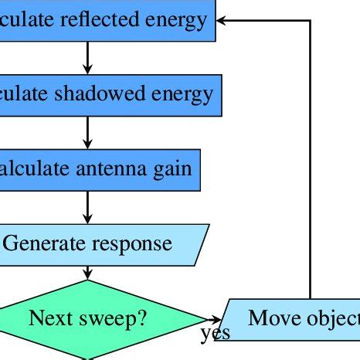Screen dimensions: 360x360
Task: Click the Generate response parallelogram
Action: [x=100, y=244]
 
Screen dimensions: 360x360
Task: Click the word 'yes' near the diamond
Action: [x=215, y=335]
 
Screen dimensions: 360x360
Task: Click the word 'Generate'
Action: [x=46, y=244]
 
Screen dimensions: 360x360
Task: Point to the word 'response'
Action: [x=132, y=244]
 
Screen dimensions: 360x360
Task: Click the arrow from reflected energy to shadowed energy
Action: [x=88, y=56]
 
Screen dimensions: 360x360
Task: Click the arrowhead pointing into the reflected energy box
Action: [x=222, y=20]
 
